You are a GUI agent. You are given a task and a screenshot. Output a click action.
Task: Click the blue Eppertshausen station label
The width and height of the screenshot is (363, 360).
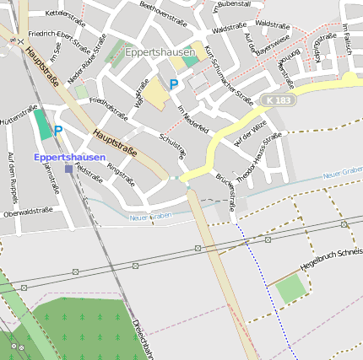point(70,157)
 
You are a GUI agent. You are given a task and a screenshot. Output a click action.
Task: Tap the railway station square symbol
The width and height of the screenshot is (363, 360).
point(68,169)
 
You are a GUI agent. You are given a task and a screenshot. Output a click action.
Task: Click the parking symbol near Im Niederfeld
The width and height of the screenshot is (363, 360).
point(174,83)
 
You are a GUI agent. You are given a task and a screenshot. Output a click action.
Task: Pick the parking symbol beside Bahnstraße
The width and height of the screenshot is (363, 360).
point(58,130)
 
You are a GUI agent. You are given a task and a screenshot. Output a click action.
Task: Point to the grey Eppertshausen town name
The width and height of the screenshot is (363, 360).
point(160,52)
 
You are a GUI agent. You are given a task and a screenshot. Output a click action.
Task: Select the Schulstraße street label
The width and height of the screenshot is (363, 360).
point(172,145)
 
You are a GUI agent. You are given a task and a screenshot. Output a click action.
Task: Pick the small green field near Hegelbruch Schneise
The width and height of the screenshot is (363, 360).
point(290,288)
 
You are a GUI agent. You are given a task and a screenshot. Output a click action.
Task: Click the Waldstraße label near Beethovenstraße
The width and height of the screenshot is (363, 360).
point(230,29)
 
